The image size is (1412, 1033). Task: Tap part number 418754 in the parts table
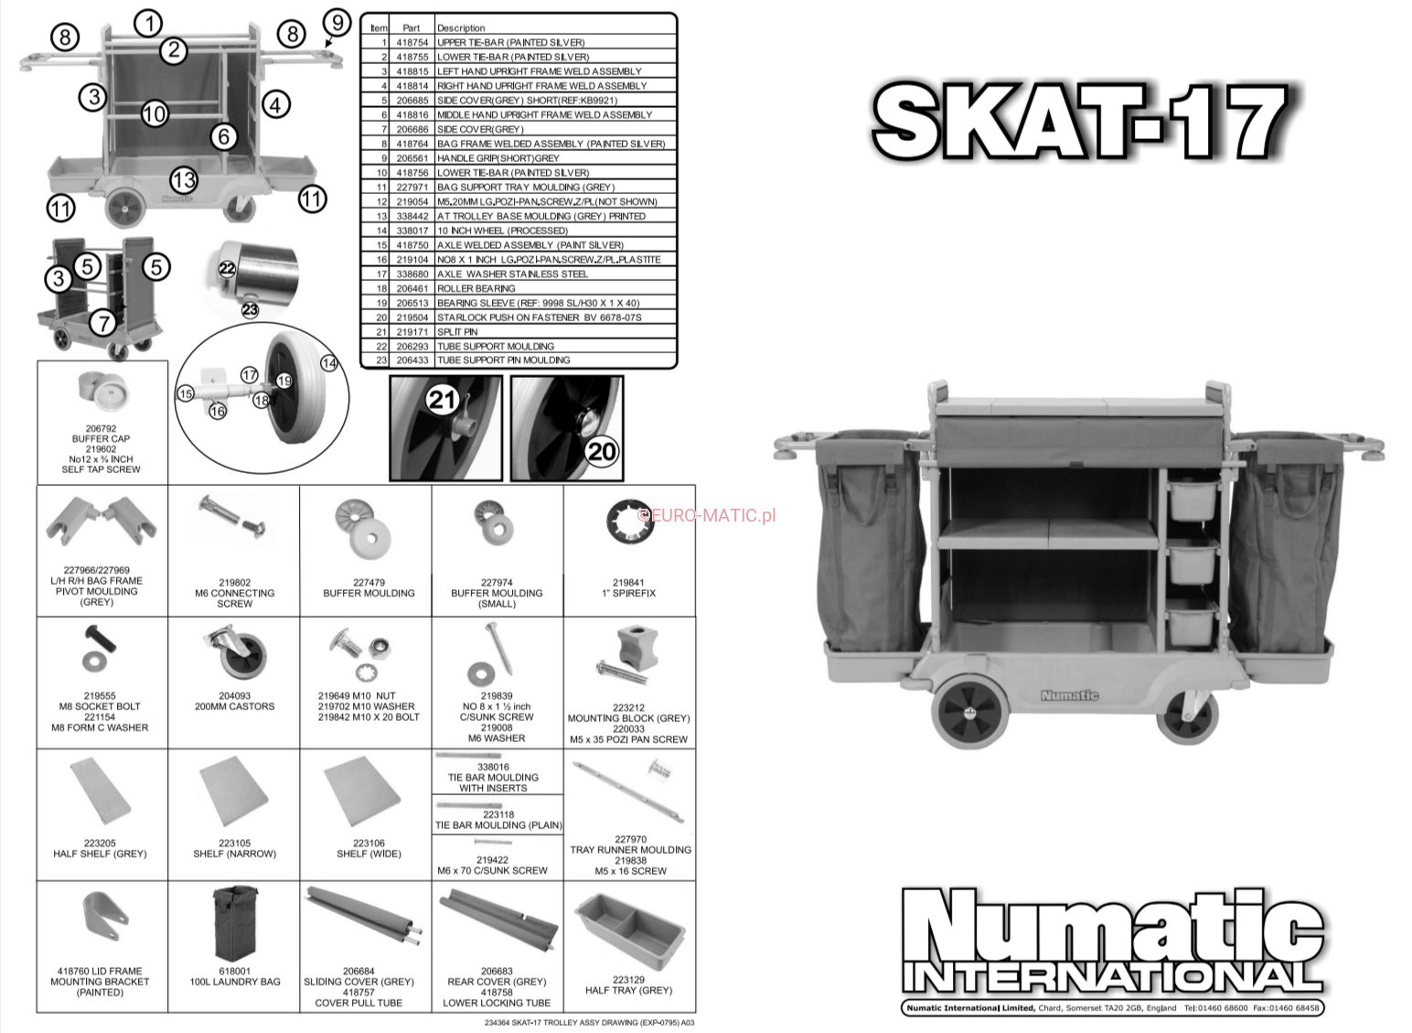coord(412,42)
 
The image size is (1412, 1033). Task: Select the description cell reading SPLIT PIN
coord(457,332)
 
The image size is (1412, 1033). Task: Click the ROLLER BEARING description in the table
coord(476,288)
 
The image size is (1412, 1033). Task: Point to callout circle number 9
coord(337,23)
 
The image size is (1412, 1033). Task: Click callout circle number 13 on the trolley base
coord(184,180)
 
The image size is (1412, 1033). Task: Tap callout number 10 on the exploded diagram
coord(155,113)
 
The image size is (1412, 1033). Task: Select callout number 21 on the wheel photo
coord(442,399)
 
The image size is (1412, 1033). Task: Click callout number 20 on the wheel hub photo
coord(602,452)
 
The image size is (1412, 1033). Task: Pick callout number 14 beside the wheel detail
coord(329,363)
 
